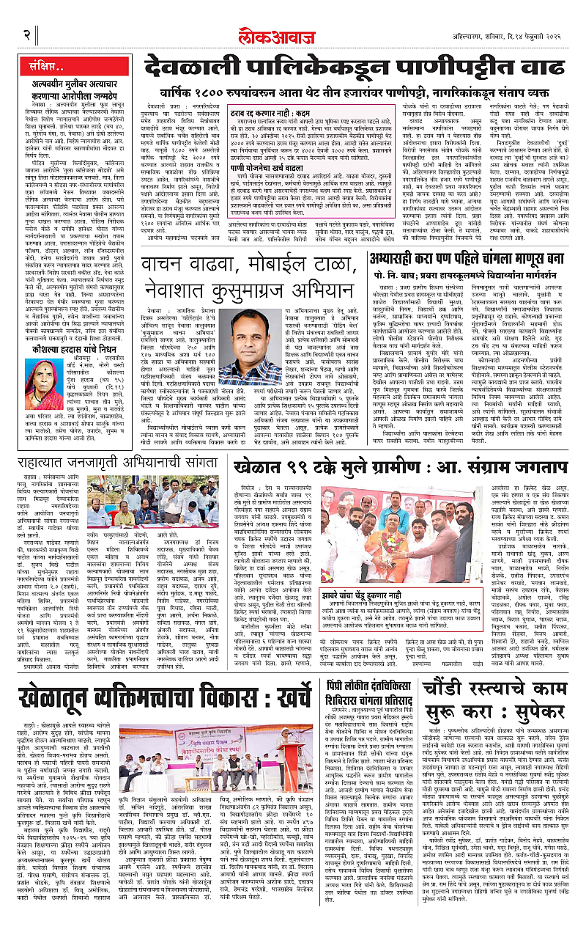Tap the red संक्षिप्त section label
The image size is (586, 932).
pyautogui.click(x=56, y=70)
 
